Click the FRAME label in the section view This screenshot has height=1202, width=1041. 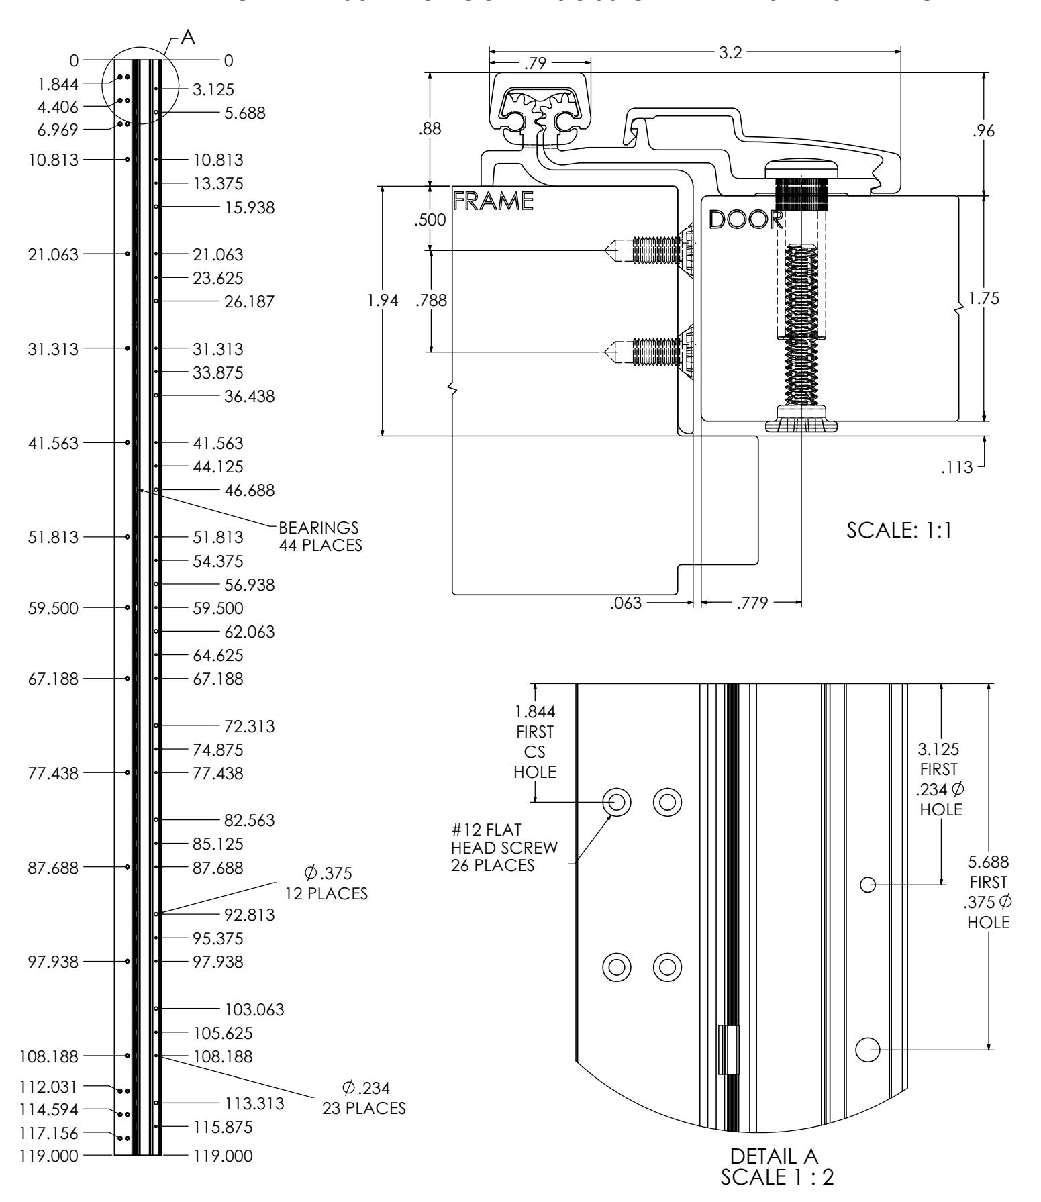pyautogui.click(x=493, y=201)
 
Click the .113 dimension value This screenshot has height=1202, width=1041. pyautogui.click(x=957, y=468)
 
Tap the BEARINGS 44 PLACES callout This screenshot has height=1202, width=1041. pyautogui.click(x=319, y=536)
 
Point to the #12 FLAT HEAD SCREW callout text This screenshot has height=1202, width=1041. pyautogui.click(x=504, y=847)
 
